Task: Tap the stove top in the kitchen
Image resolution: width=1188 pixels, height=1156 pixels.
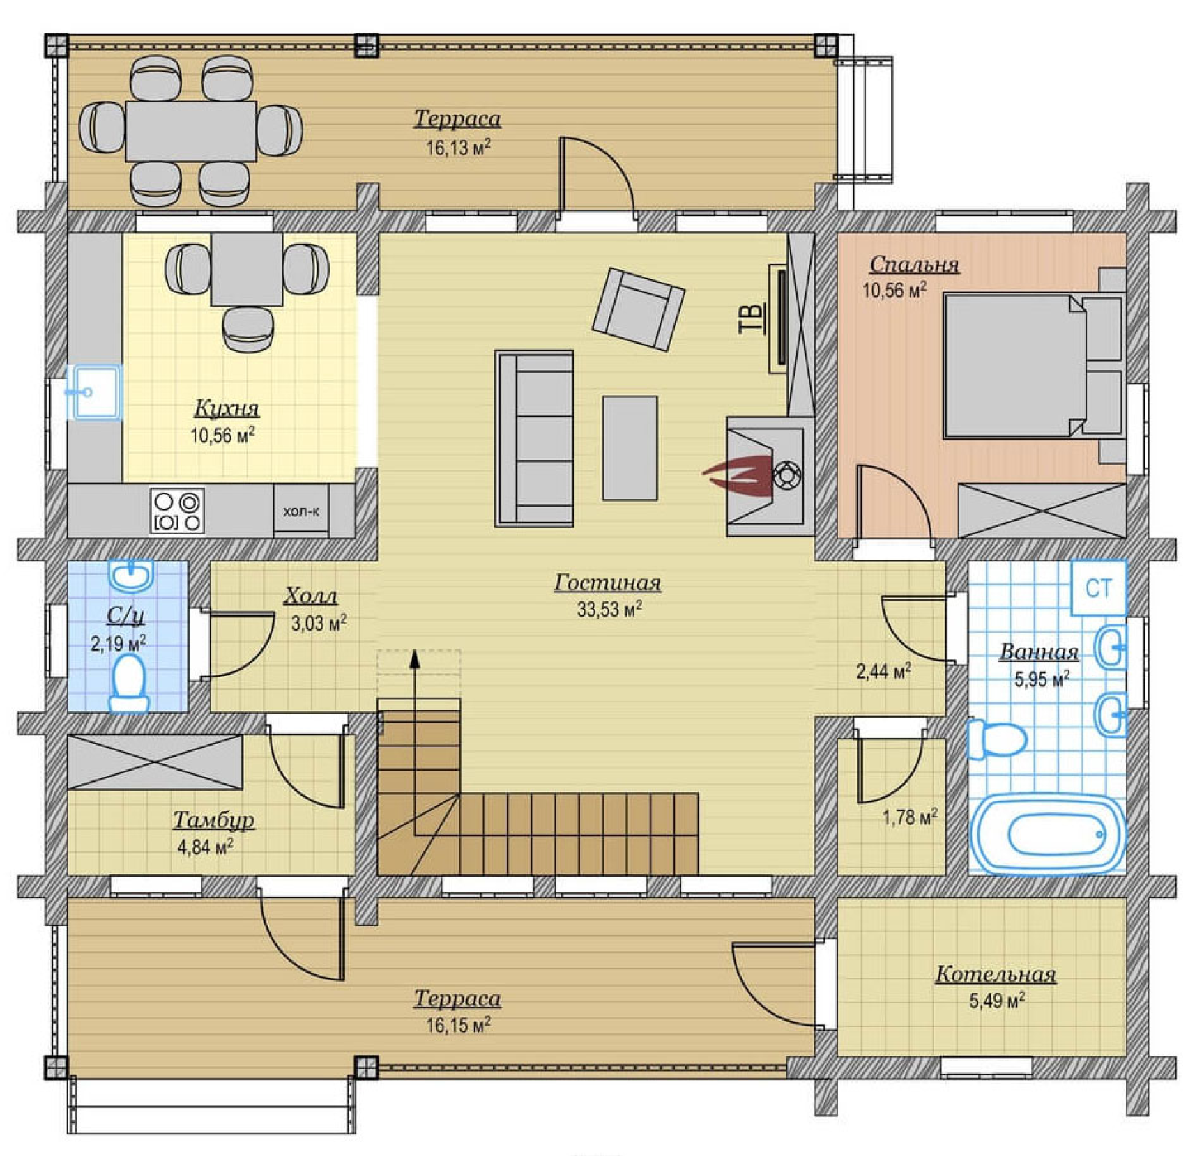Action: coord(177,511)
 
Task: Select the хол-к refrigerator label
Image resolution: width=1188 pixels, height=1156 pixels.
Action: coord(301,511)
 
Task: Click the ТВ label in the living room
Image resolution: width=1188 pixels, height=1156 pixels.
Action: coord(752,318)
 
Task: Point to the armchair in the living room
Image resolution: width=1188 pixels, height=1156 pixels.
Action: coord(638,309)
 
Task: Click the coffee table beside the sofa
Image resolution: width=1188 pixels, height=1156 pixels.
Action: coord(630,448)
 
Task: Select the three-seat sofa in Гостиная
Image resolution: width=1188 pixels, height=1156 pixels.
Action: coord(534,438)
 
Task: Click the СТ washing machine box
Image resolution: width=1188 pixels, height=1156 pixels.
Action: coord(1098,588)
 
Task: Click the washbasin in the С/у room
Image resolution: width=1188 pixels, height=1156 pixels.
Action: coord(130,576)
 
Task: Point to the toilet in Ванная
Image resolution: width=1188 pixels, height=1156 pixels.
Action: coord(996,739)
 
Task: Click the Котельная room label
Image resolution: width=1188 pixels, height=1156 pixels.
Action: coord(995,974)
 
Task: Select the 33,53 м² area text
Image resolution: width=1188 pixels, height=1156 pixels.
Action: coord(609,610)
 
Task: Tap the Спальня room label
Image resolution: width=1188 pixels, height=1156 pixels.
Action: coord(914,265)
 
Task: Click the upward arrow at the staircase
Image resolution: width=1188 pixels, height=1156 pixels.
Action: coord(415,743)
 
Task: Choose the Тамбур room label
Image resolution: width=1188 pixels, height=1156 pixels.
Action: coord(213,820)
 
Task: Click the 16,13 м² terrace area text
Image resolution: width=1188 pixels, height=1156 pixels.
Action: coord(458,148)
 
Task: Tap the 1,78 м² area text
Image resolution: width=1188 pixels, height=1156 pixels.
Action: coord(910,817)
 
